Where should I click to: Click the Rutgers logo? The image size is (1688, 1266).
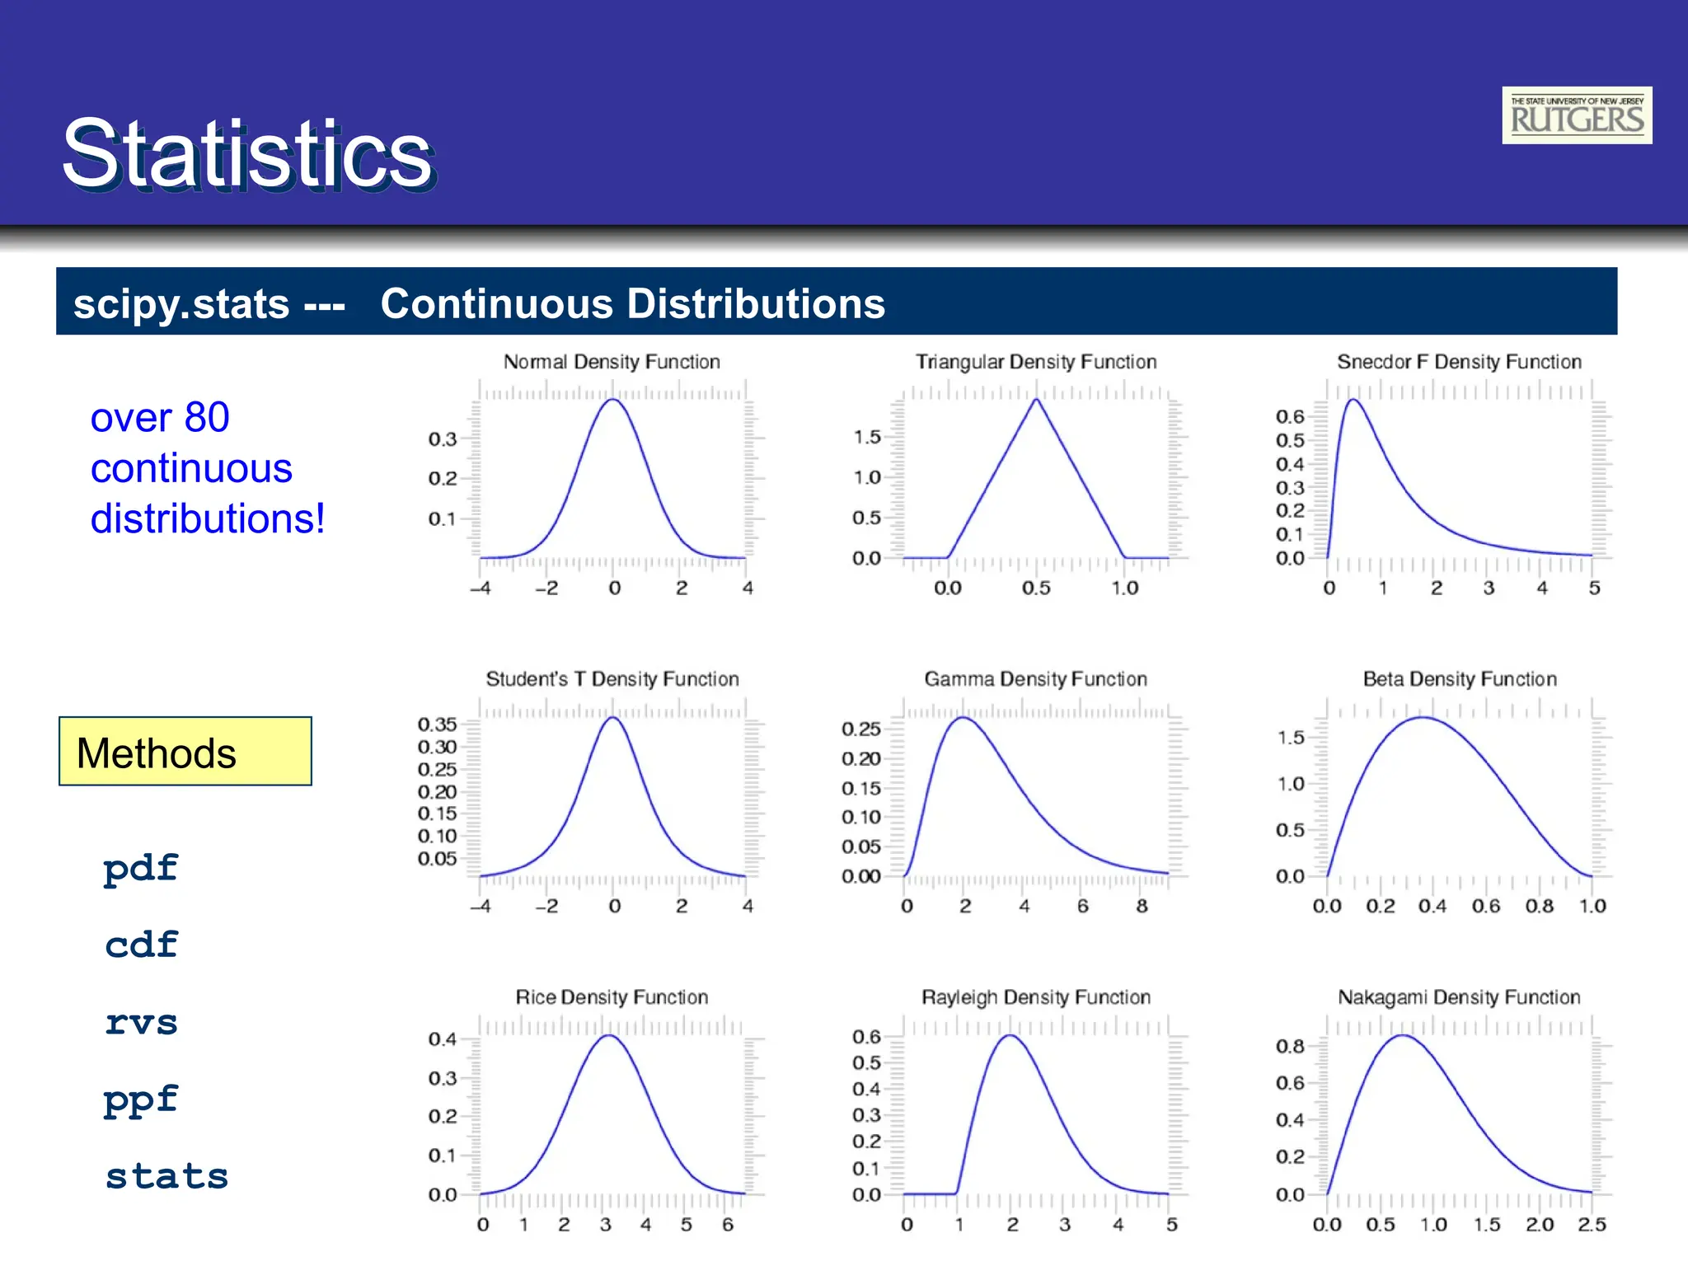click(1576, 115)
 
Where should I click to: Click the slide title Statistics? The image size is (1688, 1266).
click(246, 154)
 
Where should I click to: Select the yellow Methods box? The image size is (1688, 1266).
click(185, 752)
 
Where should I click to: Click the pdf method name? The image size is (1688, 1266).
click(141, 869)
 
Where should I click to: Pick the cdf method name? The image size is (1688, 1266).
click(141, 945)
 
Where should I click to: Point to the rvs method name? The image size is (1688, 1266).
click(141, 1023)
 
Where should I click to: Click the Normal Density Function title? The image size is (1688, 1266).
click(612, 362)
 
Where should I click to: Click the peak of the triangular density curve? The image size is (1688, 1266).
click(1036, 400)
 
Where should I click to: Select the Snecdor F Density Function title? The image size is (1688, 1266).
click(1459, 362)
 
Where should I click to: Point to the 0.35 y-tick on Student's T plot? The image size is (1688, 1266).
click(437, 724)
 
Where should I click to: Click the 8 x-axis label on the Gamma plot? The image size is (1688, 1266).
click(1142, 907)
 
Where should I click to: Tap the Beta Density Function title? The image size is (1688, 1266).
click(1459, 679)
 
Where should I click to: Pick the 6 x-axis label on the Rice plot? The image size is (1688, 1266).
click(727, 1225)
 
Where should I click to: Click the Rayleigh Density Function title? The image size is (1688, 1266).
click(1035, 997)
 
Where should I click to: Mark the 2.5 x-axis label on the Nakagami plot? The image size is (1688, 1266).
click(1592, 1225)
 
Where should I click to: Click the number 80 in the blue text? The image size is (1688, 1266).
click(207, 417)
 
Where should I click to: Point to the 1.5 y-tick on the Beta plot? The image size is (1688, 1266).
click(1291, 738)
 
